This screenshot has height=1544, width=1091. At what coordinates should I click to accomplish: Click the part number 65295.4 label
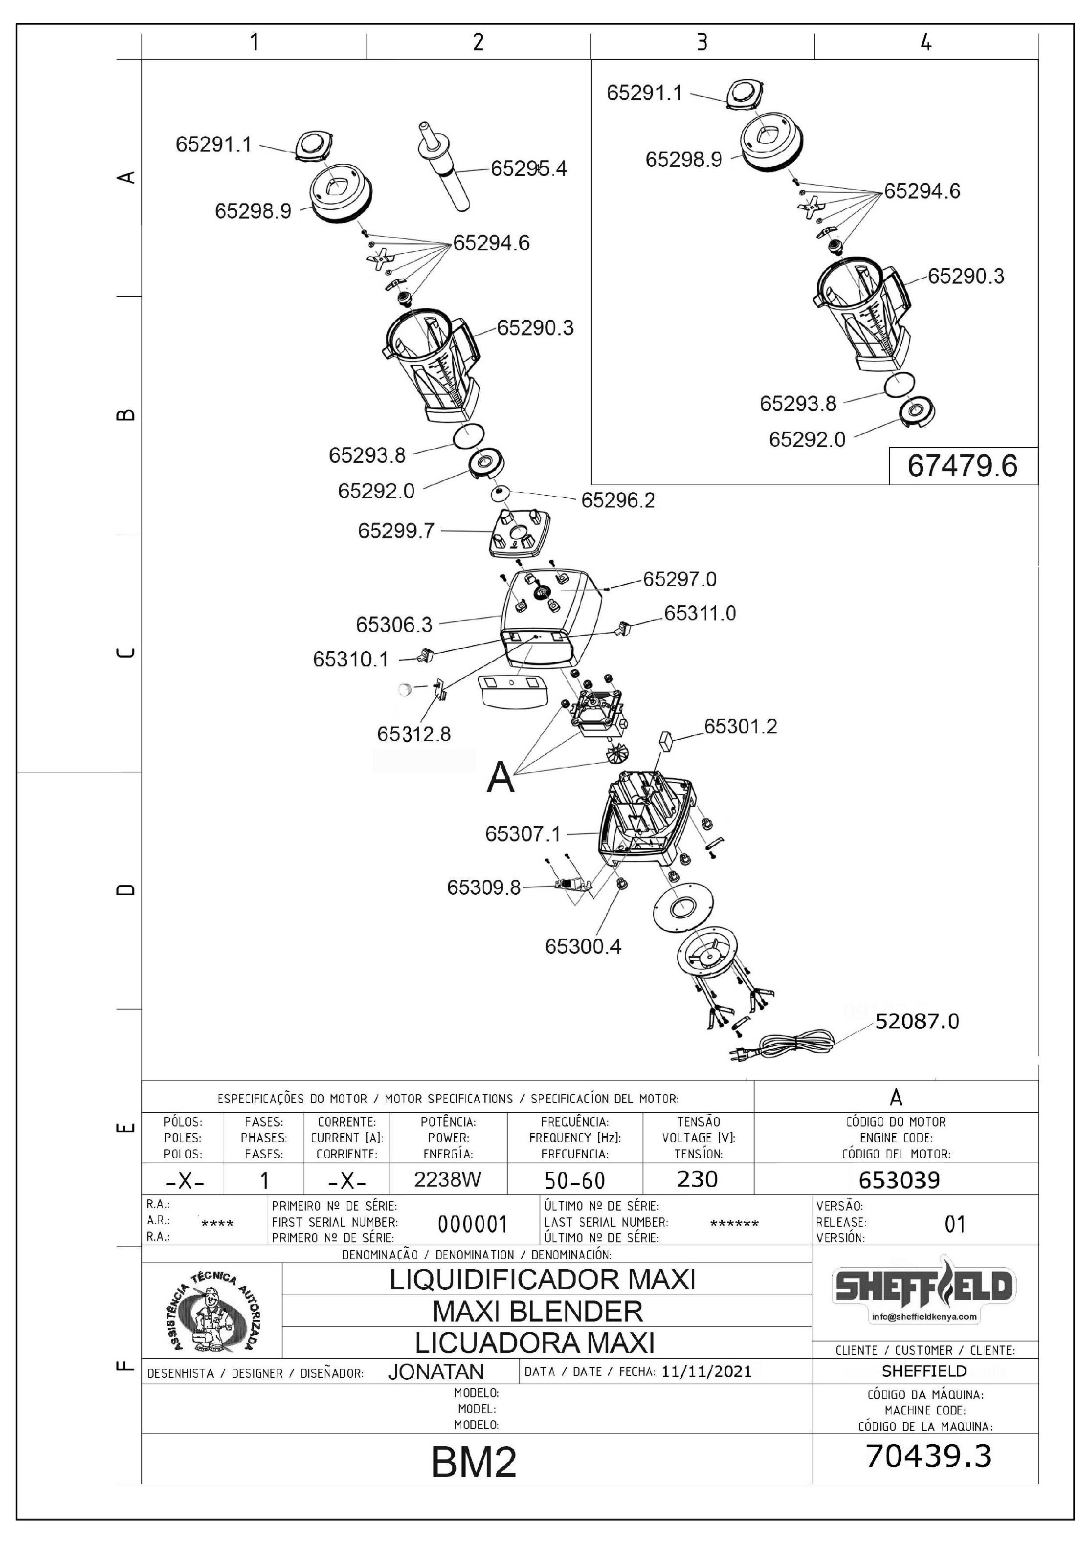529,168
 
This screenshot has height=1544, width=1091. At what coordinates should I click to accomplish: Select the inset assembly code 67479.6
962,465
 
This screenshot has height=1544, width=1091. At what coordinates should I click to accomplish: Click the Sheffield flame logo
924,1287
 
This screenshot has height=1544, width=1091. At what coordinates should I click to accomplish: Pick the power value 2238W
447,1180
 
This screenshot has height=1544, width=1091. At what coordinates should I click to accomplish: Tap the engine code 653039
899,1180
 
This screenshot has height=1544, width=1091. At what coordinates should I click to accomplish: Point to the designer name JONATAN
436,1372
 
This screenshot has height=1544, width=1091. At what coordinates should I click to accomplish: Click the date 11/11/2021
707,1371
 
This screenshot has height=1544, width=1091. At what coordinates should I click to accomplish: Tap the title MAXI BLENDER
537,1311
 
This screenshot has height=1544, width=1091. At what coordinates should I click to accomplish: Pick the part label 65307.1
523,835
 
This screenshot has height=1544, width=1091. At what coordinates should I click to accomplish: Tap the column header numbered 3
702,43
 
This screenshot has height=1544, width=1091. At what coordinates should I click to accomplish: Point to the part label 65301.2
740,726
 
